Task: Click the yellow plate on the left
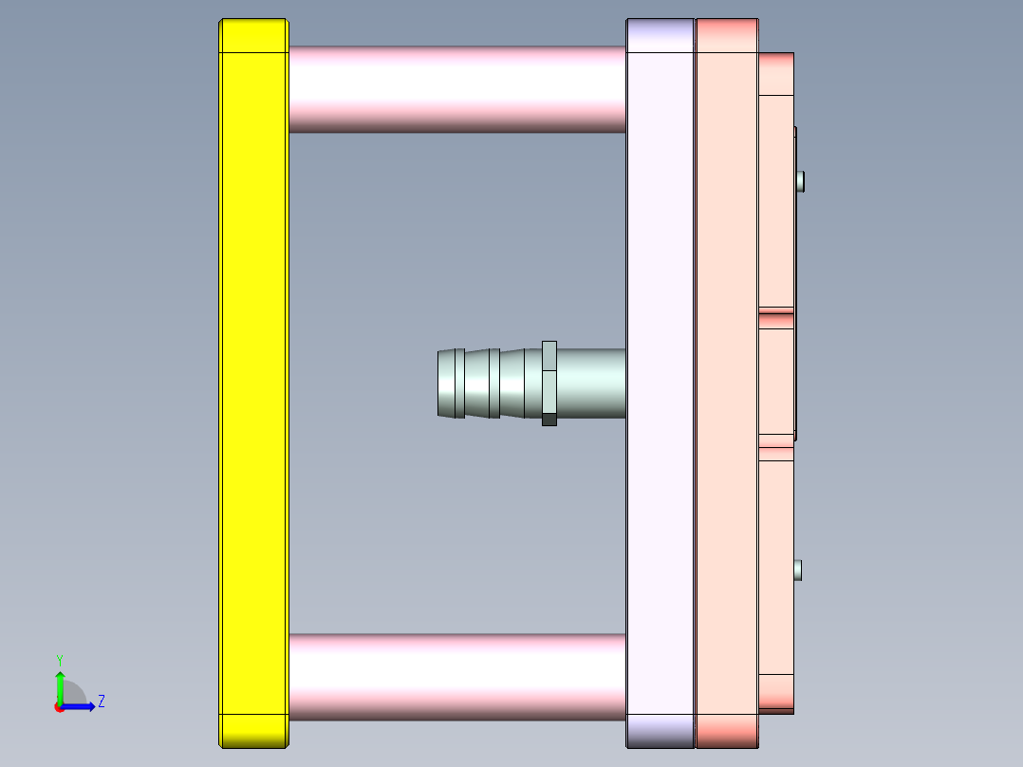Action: pyautogui.click(x=253, y=380)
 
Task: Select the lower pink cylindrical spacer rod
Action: pyautogui.click(x=456, y=676)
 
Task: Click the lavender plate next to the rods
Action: pyautogui.click(x=660, y=380)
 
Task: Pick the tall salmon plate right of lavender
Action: pyautogui.click(x=726, y=380)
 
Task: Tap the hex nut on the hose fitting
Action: pyautogui.click(x=549, y=383)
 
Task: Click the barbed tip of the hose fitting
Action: pyautogui.click(x=451, y=383)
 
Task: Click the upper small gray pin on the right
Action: pyautogui.click(x=801, y=180)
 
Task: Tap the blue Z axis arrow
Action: pyautogui.click(x=81, y=705)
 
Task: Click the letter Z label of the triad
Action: pyautogui.click(x=101, y=702)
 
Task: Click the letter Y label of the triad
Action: pyautogui.click(x=60, y=659)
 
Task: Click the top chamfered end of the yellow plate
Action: pyautogui.click(x=253, y=35)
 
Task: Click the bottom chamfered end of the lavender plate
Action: pyautogui.click(x=660, y=731)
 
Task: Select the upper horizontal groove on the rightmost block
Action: pyautogui.click(x=775, y=311)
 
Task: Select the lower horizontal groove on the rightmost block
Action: pyautogui.click(x=775, y=442)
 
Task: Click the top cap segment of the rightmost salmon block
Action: pyautogui.click(x=775, y=74)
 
